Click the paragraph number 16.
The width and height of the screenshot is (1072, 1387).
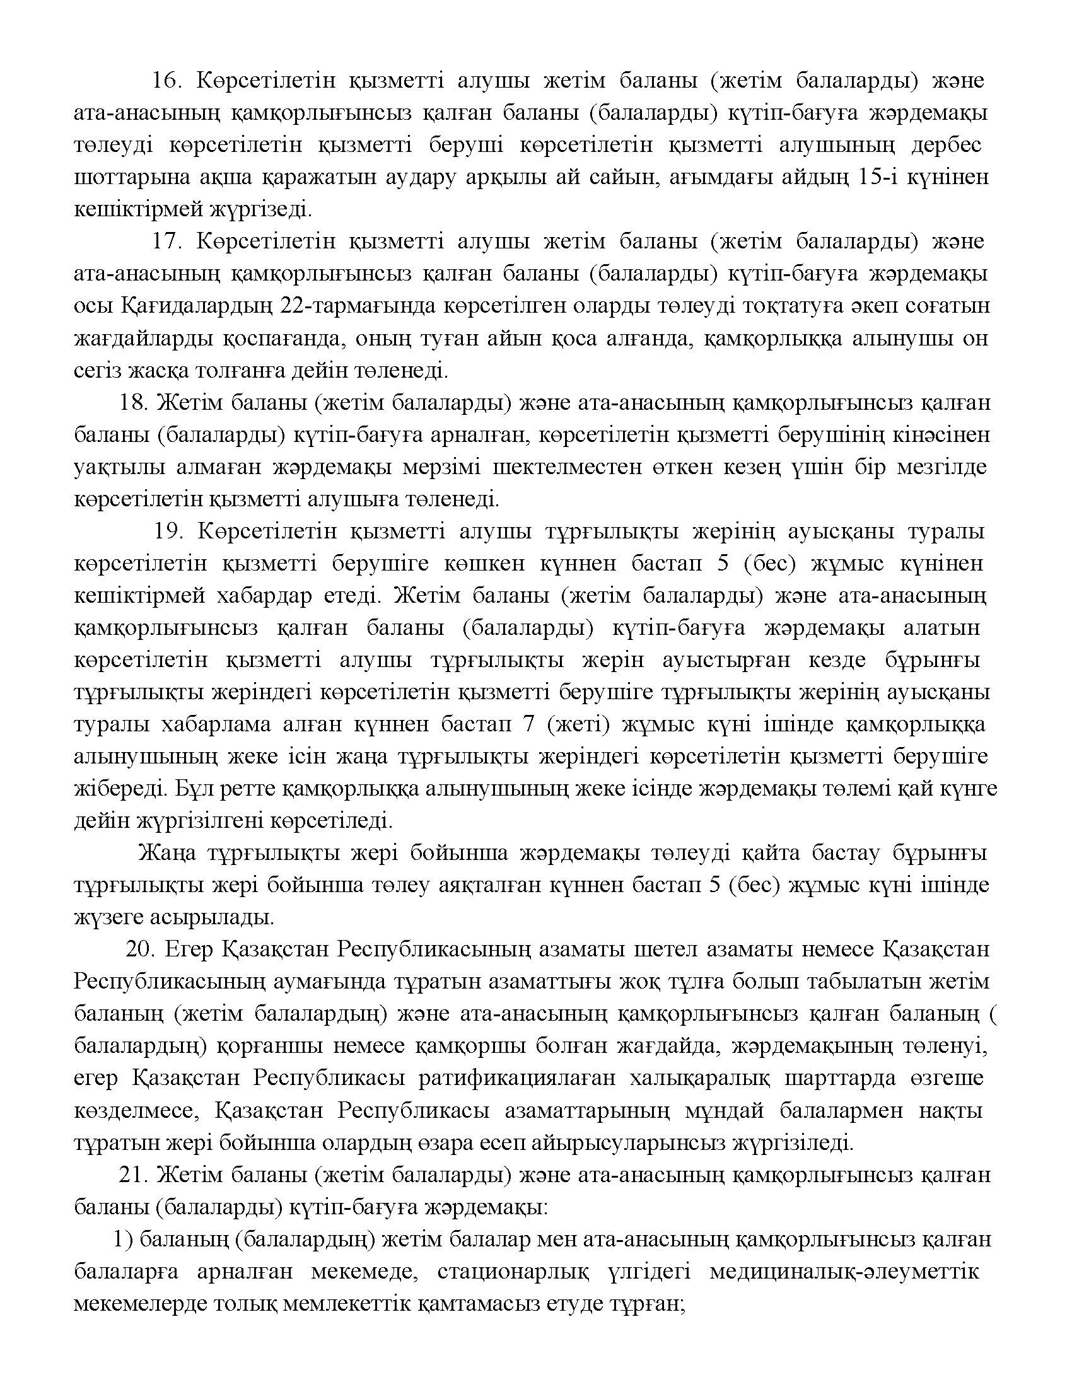click(x=167, y=81)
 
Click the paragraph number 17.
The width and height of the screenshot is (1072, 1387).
click(x=167, y=242)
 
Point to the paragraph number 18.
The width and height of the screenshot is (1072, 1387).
click(x=133, y=403)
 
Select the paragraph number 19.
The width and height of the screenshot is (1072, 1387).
click(x=168, y=531)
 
